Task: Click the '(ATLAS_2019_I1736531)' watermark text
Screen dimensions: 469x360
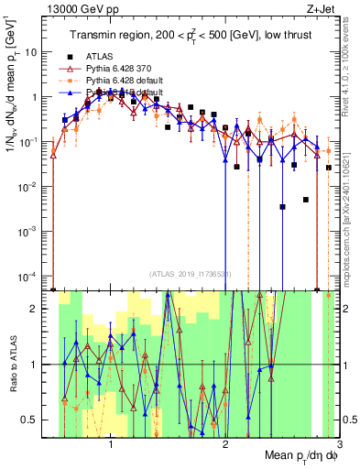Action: click(x=191, y=274)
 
